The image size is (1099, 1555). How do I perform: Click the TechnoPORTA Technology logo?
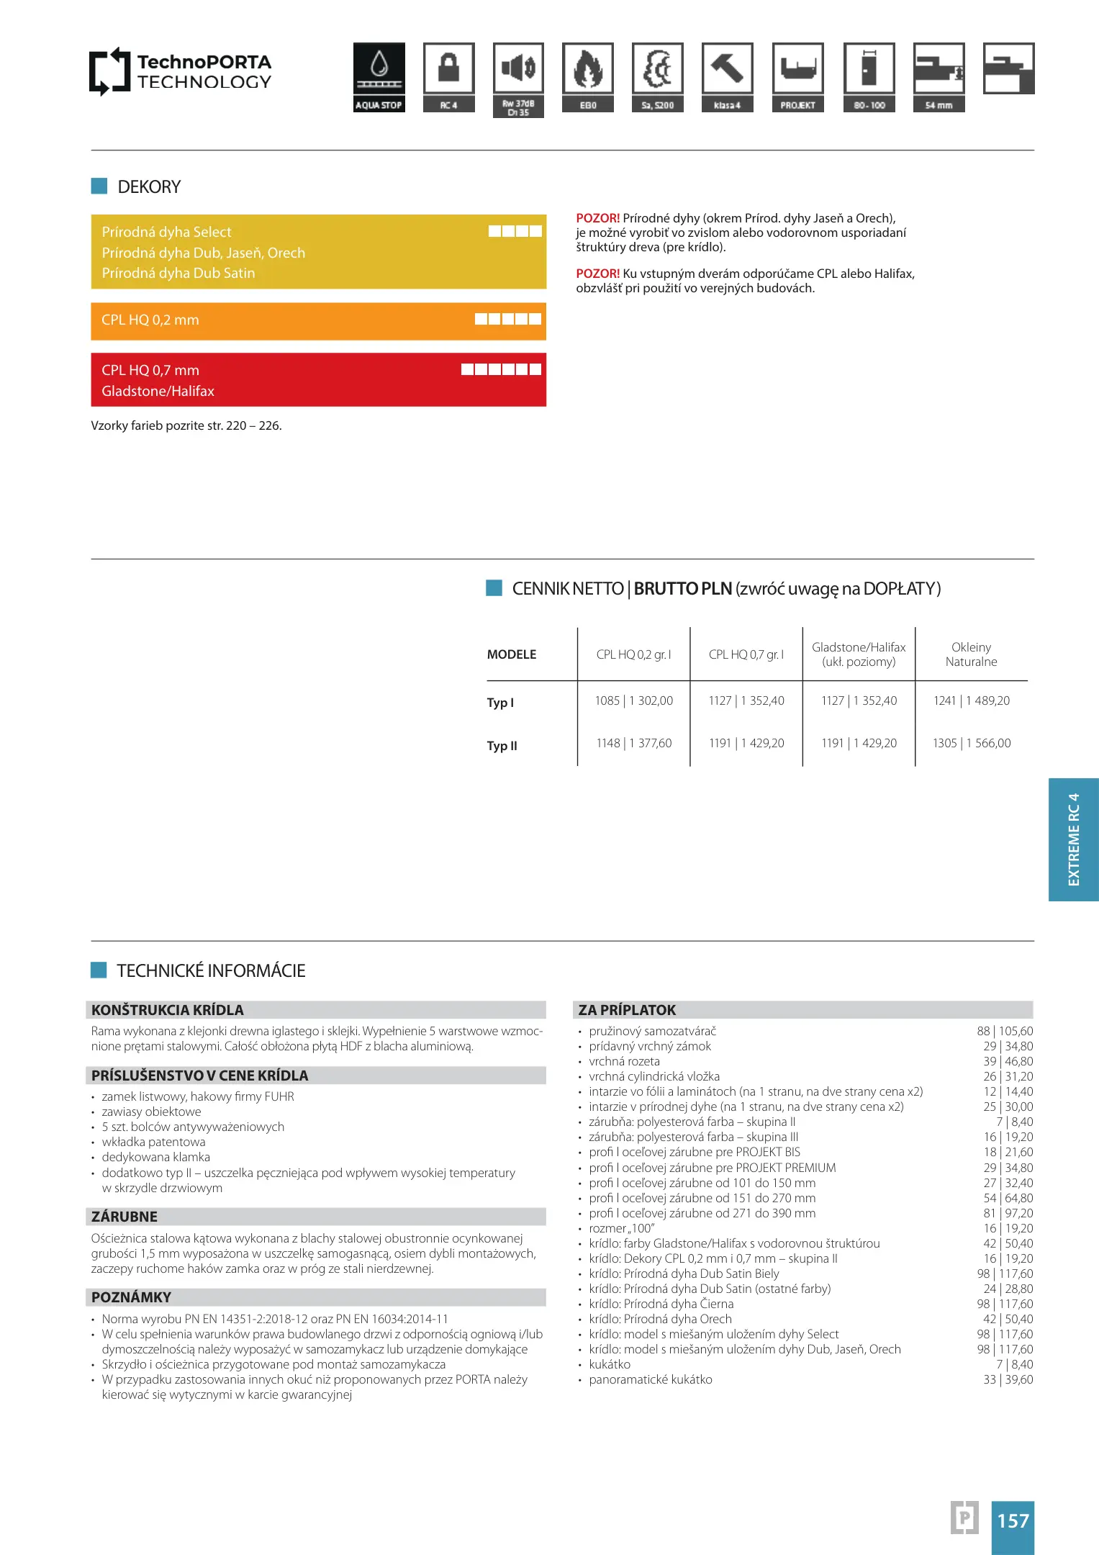coord(180,71)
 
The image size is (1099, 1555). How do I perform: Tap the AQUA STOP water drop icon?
coord(379,68)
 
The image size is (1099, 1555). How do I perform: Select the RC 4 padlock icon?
coord(448,68)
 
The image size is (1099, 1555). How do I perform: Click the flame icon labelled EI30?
coord(588,68)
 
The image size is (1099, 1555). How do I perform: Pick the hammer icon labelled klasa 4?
coord(727,68)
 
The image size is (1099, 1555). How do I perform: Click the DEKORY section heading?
coord(149,187)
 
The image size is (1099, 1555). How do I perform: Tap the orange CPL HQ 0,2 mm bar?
coord(318,321)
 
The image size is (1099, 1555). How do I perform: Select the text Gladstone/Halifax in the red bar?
coord(158,391)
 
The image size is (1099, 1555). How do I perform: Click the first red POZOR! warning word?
coord(597,218)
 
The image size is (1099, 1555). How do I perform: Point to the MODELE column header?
coord(512,654)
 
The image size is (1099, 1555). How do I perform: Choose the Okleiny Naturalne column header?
coord(971,654)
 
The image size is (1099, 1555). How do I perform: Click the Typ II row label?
coord(502,746)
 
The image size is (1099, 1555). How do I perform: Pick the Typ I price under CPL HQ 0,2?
coord(633,701)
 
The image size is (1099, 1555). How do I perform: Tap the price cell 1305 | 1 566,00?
coord(971,743)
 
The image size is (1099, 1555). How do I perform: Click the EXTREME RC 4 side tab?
coord(1073,839)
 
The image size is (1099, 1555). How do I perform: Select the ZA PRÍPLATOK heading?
coord(627,1010)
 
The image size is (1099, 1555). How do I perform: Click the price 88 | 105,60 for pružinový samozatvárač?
coord(1005,1031)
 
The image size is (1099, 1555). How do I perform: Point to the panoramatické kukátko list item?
coord(651,1379)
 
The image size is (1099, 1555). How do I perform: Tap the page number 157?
coord(1013,1520)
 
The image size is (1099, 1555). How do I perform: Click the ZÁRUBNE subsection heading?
coord(125,1217)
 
